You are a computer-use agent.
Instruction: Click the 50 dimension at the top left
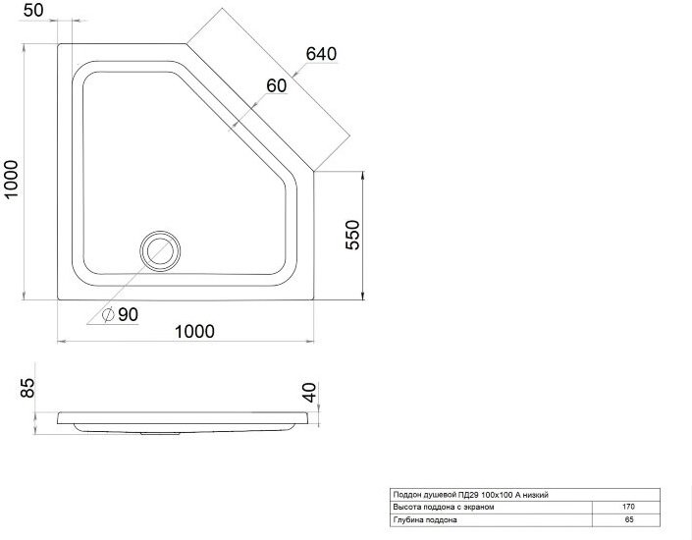(33, 10)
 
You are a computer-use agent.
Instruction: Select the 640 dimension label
(321, 54)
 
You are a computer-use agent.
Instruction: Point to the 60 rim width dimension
(276, 85)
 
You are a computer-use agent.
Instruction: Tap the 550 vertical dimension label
(352, 235)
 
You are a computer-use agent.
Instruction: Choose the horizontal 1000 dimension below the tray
(194, 331)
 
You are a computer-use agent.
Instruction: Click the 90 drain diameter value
(128, 314)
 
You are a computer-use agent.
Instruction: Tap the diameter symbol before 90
(108, 315)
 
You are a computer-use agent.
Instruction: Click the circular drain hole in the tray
(160, 251)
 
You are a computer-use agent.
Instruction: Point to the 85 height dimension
(27, 388)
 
